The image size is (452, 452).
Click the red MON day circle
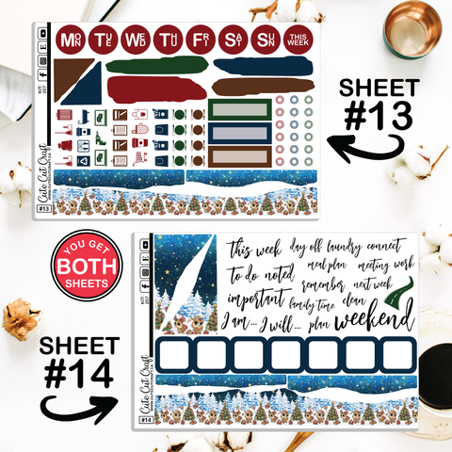click(x=70, y=40)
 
